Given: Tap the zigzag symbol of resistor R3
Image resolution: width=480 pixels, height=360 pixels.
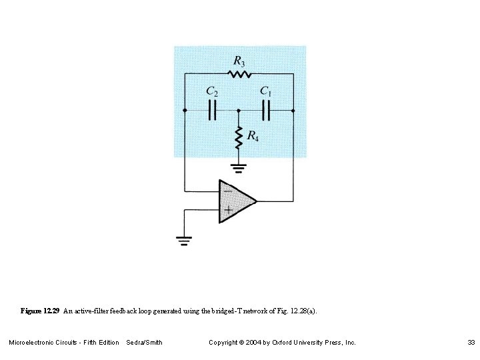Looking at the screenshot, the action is (238, 74).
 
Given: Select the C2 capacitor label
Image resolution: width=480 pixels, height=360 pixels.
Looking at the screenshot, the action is (211, 91).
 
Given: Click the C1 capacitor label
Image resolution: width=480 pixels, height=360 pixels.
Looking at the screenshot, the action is (265, 91).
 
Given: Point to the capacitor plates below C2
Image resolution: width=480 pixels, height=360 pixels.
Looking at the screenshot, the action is (212, 110).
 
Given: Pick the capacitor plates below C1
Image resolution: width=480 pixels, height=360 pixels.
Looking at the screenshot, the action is (266, 110).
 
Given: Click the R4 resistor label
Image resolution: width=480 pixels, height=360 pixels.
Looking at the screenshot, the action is (253, 136).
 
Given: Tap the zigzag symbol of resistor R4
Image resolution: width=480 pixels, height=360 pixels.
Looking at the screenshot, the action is (238, 137).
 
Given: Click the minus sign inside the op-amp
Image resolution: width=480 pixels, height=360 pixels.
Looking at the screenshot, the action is (227, 191).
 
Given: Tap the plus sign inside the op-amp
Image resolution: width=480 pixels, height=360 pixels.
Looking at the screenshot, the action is (227, 209).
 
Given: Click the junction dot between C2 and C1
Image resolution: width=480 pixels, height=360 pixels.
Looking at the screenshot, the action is (238, 110).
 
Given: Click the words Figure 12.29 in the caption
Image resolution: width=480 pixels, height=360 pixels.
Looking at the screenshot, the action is (41, 311).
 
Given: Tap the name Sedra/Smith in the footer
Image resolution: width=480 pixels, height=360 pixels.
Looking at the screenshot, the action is (144, 343).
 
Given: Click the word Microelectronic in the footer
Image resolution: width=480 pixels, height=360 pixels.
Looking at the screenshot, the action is (33, 343).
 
